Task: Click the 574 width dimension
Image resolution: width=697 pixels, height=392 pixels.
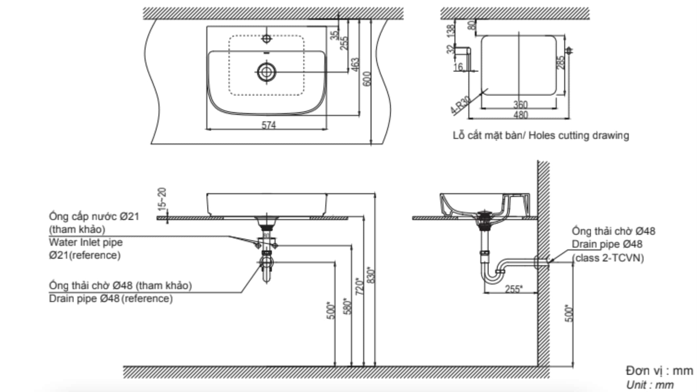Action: pyautogui.click(x=268, y=125)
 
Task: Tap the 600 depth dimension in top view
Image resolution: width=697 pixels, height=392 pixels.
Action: pyautogui.click(x=368, y=79)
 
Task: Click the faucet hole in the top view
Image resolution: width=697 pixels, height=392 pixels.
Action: pyautogui.click(x=267, y=39)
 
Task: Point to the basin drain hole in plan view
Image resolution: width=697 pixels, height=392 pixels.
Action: pyautogui.click(x=266, y=72)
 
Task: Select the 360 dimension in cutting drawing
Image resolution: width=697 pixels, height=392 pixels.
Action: pyautogui.click(x=520, y=105)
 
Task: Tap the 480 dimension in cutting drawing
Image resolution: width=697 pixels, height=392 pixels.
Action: pyautogui.click(x=520, y=115)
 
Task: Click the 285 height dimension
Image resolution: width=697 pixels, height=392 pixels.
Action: pyautogui.click(x=561, y=62)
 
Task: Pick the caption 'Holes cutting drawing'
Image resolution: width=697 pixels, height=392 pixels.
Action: pyautogui.click(x=579, y=135)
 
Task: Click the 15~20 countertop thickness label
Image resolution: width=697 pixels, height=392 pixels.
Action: pyautogui.click(x=162, y=199)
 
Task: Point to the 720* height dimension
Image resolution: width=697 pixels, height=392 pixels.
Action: pyautogui.click(x=360, y=286)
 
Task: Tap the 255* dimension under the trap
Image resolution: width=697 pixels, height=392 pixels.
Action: pyautogui.click(x=513, y=289)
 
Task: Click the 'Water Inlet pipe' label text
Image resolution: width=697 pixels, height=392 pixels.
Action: pyautogui.click(x=86, y=242)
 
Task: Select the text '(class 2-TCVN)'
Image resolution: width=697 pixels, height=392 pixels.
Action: pyautogui.click(x=608, y=258)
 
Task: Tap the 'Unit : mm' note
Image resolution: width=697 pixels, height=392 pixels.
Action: pyautogui.click(x=650, y=385)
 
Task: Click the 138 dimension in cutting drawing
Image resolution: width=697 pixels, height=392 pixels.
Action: pyautogui.click(x=451, y=31)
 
